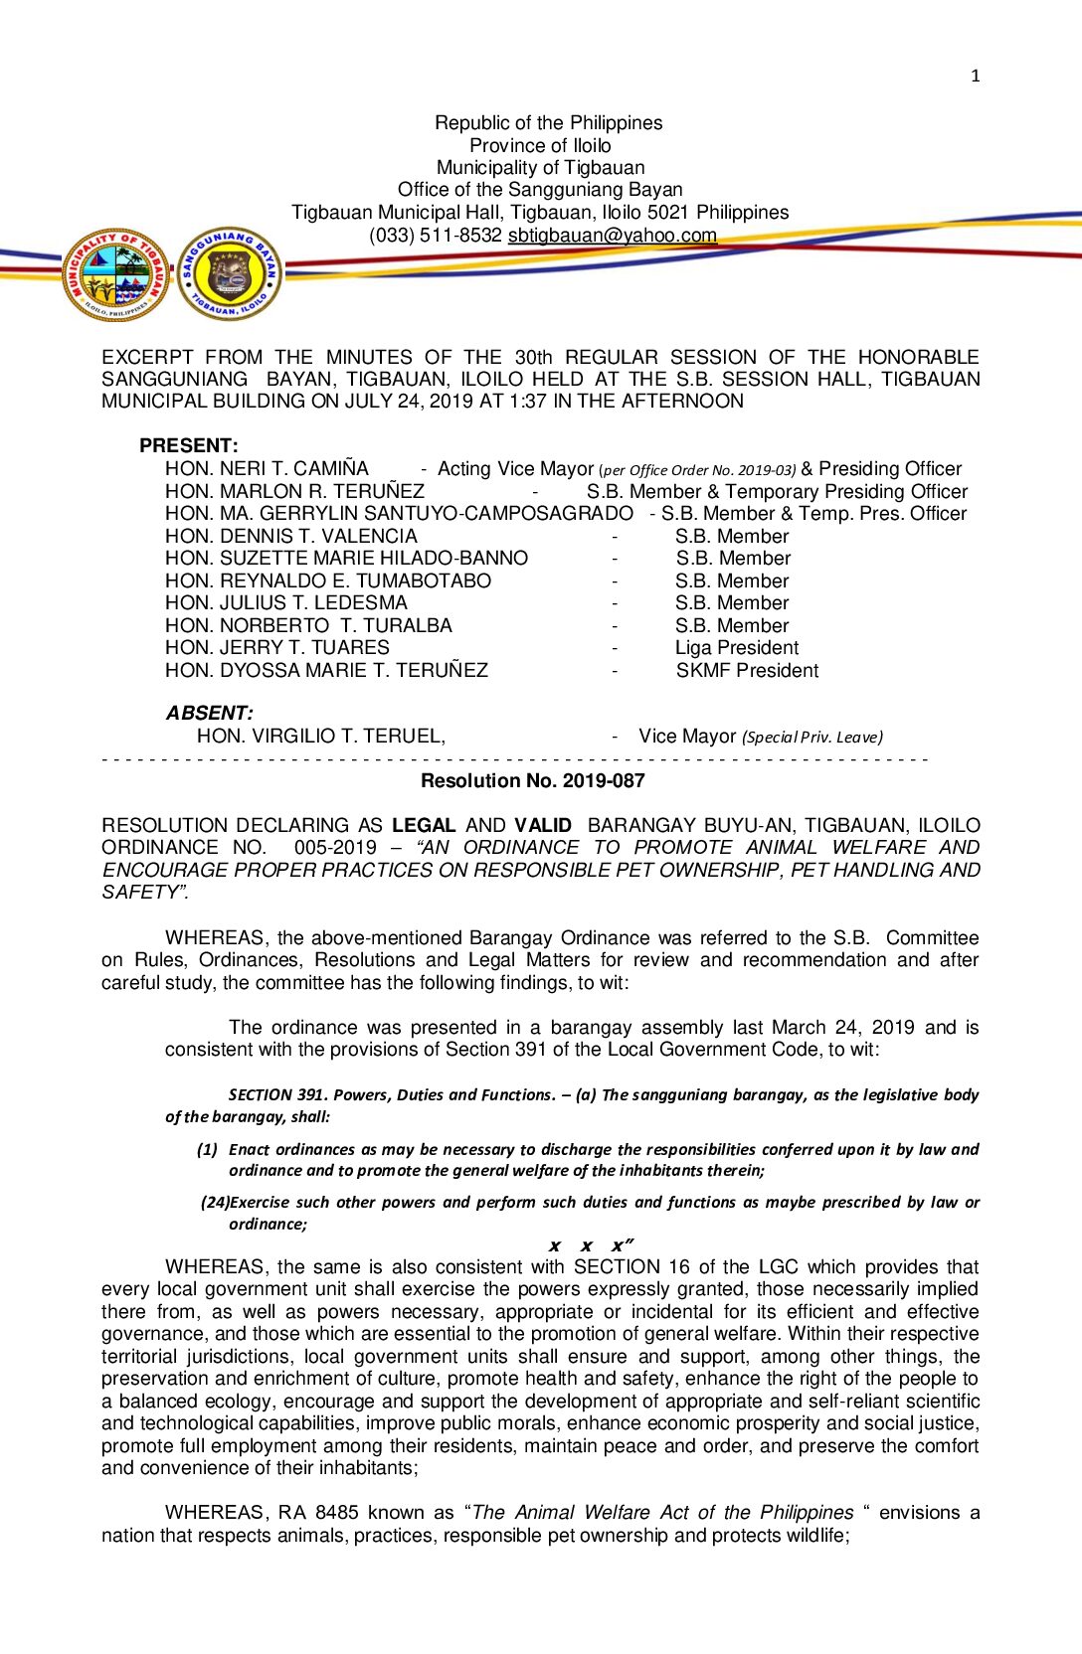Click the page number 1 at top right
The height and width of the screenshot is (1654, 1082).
pyautogui.click(x=975, y=76)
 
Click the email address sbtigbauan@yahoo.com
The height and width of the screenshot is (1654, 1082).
pyautogui.click(x=612, y=236)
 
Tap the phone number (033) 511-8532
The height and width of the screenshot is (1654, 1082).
pyautogui.click(x=435, y=236)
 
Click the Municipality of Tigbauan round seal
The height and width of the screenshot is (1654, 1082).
pyautogui.click(x=116, y=273)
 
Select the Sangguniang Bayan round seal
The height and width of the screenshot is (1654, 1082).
pyautogui.click(x=230, y=273)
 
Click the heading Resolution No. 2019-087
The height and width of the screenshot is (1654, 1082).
pyautogui.click(x=532, y=781)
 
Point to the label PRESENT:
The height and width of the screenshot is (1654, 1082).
pyautogui.click(x=189, y=446)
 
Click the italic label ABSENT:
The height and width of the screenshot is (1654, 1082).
pyautogui.click(x=209, y=714)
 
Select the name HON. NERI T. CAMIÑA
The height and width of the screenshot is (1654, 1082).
pyautogui.click(x=267, y=469)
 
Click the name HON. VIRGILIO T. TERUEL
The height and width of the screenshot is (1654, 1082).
pyautogui.click(x=320, y=737)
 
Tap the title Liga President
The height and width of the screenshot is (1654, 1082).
pyautogui.click(x=736, y=648)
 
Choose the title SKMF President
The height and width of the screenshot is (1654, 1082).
pyautogui.click(x=747, y=671)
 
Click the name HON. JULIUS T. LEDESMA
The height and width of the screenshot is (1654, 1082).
pyautogui.click(x=286, y=603)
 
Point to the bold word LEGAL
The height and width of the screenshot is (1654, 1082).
pyautogui.click(x=424, y=826)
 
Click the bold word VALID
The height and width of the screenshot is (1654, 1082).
pyautogui.click(x=543, y=826)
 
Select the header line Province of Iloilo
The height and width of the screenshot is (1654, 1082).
pyautogui.click(x=540, y=145)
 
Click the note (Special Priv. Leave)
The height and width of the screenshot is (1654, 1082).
pyautogui.click(x=811, y=738)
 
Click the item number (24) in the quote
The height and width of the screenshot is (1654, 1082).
pyautogui.click(x=215, y=1203)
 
